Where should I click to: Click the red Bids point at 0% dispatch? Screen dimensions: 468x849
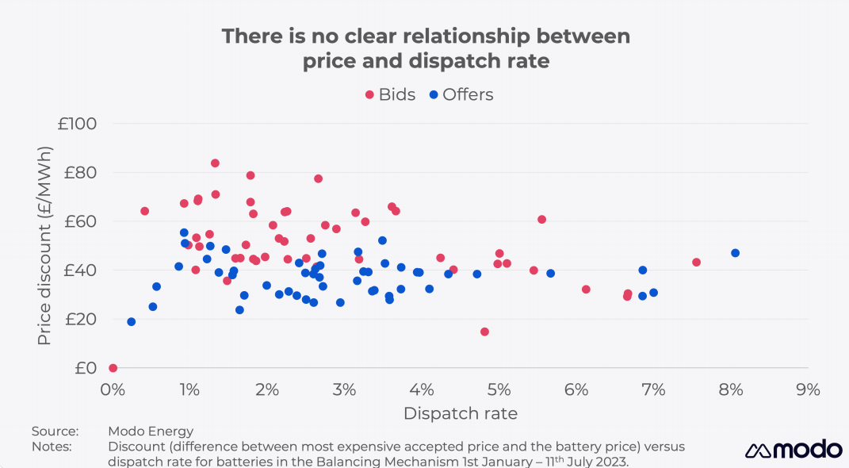click(113, 368)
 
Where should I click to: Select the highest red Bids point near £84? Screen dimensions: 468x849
click(215, 163)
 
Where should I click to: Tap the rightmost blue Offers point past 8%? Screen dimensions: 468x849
click(735, 253)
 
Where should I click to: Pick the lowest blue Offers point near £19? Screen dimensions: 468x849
click(131, 322)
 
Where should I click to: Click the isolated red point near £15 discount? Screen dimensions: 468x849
click(484, 332)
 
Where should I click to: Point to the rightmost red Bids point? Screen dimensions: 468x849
click(696, 263)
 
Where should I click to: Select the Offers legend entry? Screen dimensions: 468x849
click(461, 94)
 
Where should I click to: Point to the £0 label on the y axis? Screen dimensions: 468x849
click(85, 368)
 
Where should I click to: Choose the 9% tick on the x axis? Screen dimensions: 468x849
click(808, 389)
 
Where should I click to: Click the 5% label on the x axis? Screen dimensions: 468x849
click(499, 389)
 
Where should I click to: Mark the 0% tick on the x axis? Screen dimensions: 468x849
click(113, 389)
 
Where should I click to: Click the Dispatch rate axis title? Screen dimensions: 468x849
click(460, 413)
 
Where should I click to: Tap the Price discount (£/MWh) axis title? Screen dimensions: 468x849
click(44, 245)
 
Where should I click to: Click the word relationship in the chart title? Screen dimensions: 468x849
click(464, 36)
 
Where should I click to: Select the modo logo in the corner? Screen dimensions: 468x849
click(793, 449)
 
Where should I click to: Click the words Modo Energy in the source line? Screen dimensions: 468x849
click(151, 432)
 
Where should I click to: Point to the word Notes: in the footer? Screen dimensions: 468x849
click(52, 447)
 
